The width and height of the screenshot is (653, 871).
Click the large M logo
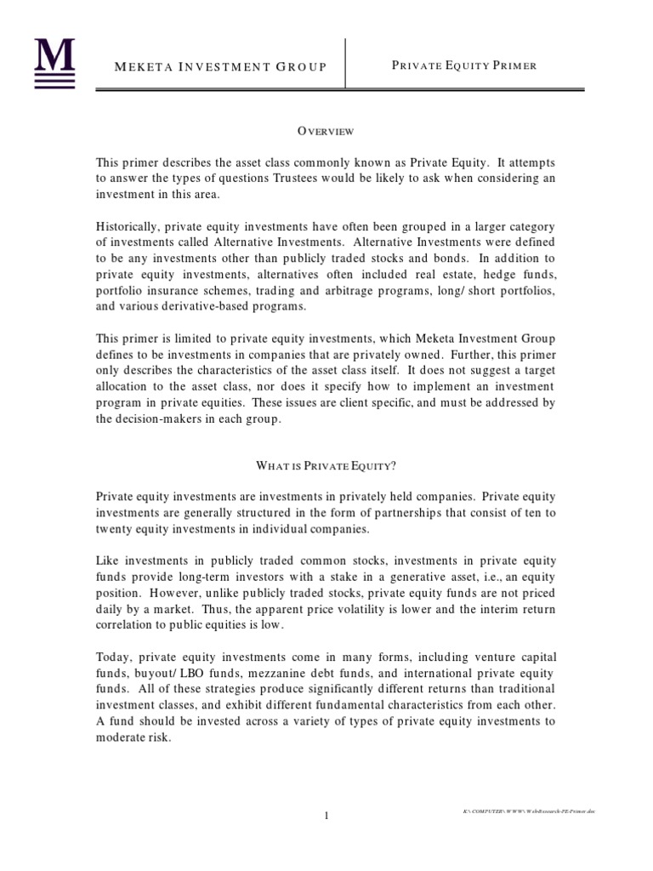click(54, 61)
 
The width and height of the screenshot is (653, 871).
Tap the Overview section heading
click(326, 131)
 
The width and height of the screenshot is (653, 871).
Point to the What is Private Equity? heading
click(326, 465)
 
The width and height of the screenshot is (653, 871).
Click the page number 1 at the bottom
click(326, 817)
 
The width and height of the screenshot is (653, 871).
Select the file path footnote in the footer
click(524, 812)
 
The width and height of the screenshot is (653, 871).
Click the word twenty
click(113, 528)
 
